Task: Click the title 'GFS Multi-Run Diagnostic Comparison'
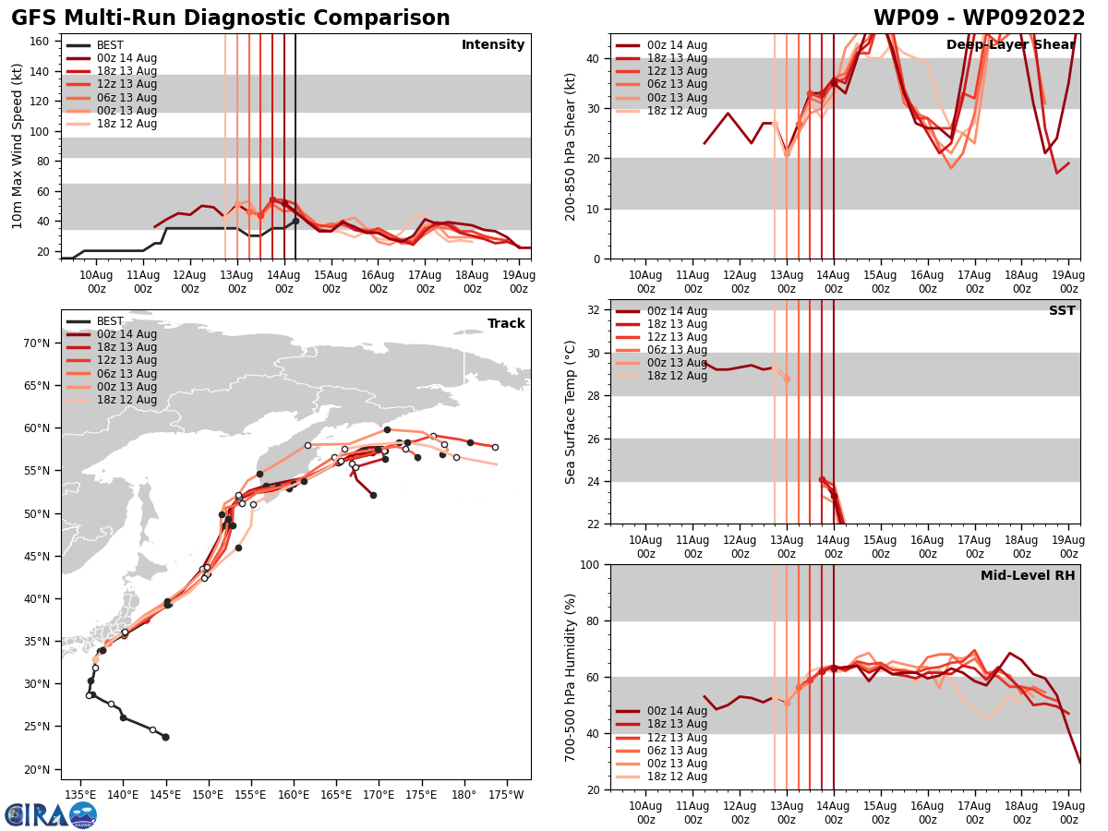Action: [231, 18]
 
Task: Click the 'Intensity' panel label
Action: [493, 45]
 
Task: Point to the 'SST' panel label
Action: [1062, 311]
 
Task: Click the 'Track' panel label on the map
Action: [506, 324]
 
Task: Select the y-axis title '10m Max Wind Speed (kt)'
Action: [18, 146]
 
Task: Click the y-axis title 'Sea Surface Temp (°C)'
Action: [571, 412]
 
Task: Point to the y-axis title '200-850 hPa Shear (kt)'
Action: [571, 146]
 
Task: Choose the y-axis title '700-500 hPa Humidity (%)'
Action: [571, 677]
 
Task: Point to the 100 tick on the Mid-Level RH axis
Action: [588, 564]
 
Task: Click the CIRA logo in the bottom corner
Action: [51, 815]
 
